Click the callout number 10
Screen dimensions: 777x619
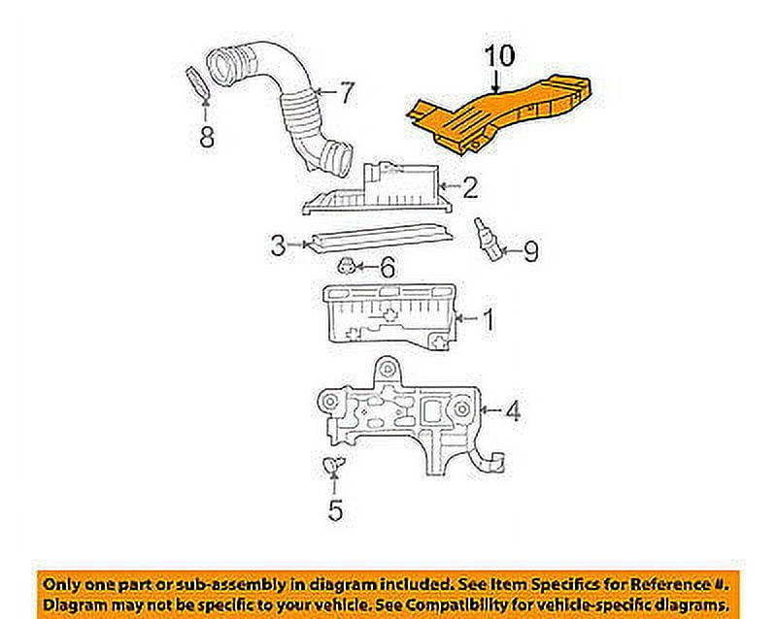[x=499, y=56]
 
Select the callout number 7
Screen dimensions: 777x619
[x=347, y=92]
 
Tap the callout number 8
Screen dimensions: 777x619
[x=207, y=136]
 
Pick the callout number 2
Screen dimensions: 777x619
[x=470, y=187]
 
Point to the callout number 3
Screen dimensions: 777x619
[x=279, y=244]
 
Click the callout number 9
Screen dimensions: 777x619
[x=530, y=251]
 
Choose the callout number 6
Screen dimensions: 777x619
[x=387, y=268]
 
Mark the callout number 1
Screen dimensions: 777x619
[x=489, y=319]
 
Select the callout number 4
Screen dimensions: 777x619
[x=513, y=411]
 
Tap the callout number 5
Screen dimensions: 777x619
[x=335, y=509]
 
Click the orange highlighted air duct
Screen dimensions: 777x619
[x=498, y=113]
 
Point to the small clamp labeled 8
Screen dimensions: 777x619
[x=197, y=83]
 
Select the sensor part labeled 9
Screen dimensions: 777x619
[x=488, y=239]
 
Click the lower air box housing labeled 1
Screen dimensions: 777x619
[x=389, y=317]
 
